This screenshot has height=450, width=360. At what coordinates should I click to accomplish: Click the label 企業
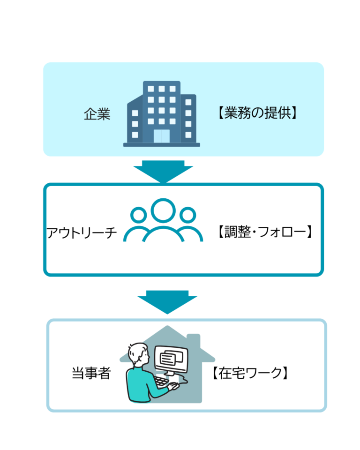(x=97, y=114)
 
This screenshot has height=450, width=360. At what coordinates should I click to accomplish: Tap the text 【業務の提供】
(x=257, y=114)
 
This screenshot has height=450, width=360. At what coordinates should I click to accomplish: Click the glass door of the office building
(x=162, y=135)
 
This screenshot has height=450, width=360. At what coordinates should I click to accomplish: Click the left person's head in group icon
(x=138, y=215)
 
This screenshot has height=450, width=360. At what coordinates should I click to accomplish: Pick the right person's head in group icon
(x=187, y=215)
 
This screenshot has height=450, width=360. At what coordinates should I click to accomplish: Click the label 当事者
(x=91, y=373)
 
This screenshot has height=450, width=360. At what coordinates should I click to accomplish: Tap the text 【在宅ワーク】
(x=249, y=373)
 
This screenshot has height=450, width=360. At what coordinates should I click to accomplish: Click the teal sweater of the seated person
(x=141, y=384)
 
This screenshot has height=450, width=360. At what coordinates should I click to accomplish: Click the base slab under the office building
(x=162, y=145)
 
